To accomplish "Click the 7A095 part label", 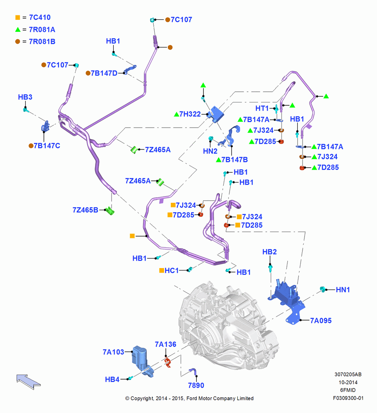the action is pos(321,320).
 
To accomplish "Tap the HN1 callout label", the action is pos(343,290).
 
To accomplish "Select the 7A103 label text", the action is pos(113,352).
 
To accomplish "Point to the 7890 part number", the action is pos(196,385).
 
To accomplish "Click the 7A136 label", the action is pos(165,344).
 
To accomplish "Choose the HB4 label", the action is pos(112,380).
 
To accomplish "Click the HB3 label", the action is pos(25,97).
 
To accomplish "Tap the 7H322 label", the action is pos(190,114).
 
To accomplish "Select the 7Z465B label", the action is pos(85,210).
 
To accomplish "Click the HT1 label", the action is pos(262,108).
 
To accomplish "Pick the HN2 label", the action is pos(210,151).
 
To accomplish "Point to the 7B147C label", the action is pos(47,146).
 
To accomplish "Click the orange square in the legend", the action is pos(18,18).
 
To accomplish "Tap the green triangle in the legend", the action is pos(18,30).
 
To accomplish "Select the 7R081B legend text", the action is pos(42,42).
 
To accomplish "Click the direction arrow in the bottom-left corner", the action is pos(28,381).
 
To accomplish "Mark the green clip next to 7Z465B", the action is pos(110,211).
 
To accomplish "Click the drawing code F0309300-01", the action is pos(348,398).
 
